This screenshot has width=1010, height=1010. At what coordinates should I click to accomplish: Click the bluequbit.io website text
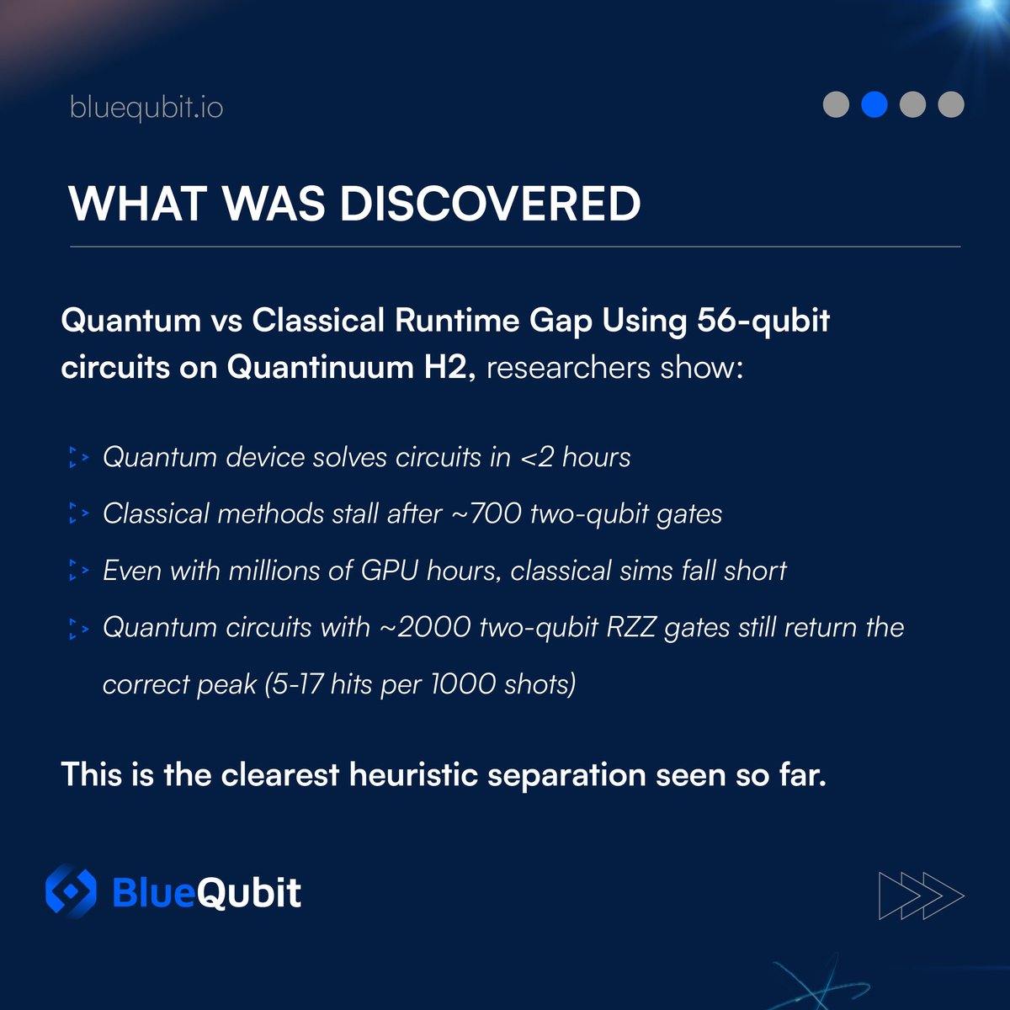(x=146, y=108)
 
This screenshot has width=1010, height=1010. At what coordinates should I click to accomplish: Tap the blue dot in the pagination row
(x=874, y=104)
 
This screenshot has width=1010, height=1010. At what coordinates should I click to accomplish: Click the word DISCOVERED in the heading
(x=490, y=204)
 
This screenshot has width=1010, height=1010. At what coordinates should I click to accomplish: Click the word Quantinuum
(x=320, y=368)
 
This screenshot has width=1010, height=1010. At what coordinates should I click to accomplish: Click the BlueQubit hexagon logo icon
(x=71, y=891)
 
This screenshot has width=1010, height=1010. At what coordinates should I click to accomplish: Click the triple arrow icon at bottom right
(x=921, y=895)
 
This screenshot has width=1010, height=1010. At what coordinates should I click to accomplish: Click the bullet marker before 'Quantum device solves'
(x=78, y=458)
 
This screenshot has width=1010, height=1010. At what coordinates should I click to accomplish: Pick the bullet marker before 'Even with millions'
(x=78, y=571)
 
